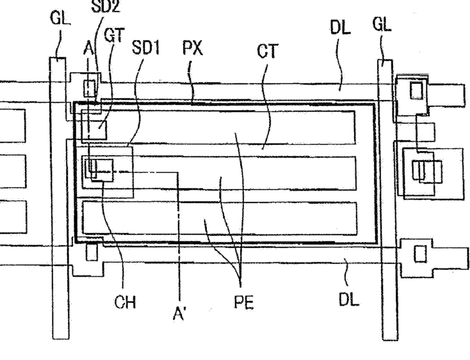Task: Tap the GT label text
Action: [114, 36]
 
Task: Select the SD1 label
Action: [145, 47]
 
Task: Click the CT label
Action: [267, 51]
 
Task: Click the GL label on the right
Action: [382, 25]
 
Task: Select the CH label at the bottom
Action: [126, 302]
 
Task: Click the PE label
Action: [243, 302]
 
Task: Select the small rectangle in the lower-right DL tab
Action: [420, 254]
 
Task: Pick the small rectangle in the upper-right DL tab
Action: [417, 90]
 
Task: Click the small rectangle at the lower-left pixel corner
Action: [91, 252]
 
